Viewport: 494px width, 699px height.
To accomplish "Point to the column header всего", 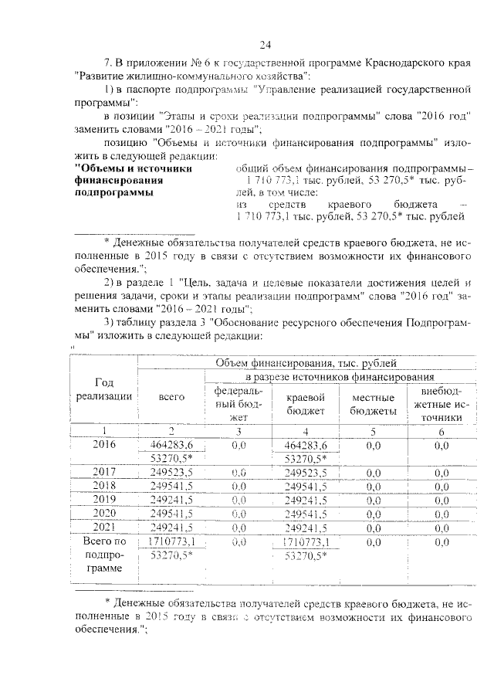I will pyautogui.click(x=171, y=396).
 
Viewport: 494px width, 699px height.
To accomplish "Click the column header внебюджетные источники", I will pyautogui.click(x=442, y=403).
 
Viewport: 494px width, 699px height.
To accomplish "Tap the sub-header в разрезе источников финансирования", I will pyautogui.click(x=339, y=376).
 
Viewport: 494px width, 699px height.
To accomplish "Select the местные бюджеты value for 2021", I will pyautogui.click(x=374, y=528).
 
